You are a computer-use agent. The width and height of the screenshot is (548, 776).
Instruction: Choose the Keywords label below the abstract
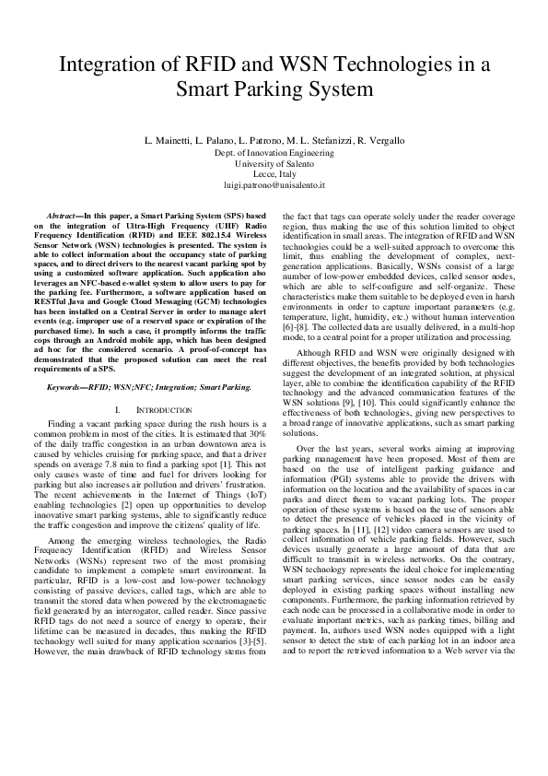70,386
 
